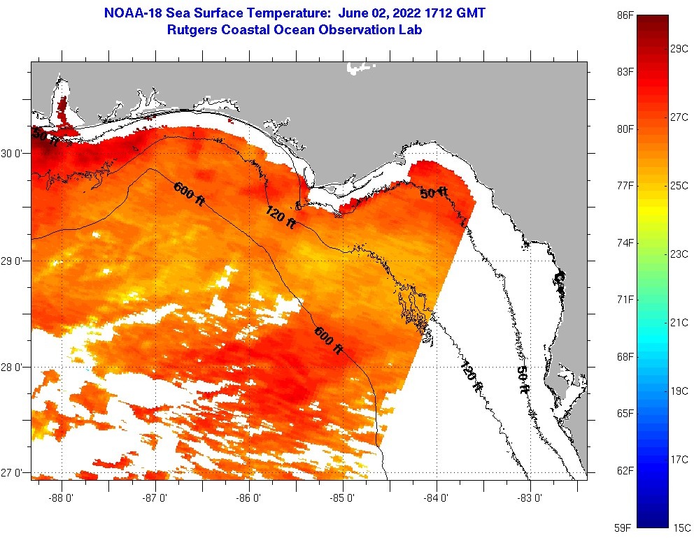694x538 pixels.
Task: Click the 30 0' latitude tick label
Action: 14,153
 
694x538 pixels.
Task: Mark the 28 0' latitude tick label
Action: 14,367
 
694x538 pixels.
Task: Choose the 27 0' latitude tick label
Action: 14,473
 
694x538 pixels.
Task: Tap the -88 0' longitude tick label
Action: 62,499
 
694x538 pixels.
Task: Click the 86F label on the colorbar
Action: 625,15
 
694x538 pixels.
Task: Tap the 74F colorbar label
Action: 625,242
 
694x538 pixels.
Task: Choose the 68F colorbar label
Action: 625,356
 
